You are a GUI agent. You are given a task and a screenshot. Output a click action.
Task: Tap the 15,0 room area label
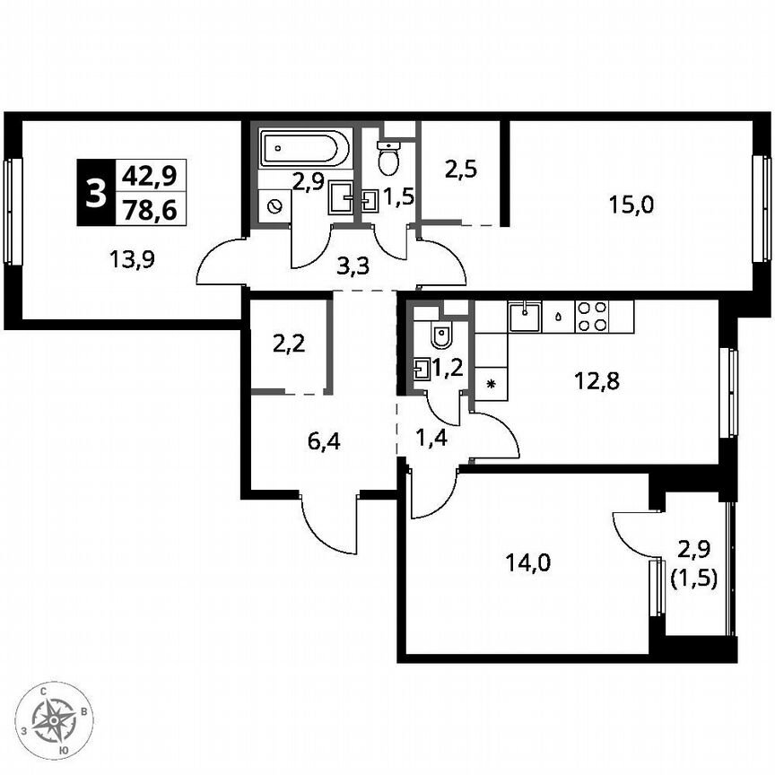(631, 205)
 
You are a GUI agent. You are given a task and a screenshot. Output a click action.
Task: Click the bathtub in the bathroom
(301, 150)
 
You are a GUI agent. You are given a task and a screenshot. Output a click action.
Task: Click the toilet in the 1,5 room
(388, 160)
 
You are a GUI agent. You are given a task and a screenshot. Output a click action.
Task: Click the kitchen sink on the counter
(522, 315)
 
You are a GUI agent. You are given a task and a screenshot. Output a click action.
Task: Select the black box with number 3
(94, 192)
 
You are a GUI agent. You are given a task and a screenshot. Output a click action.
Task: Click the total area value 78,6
(150, 211)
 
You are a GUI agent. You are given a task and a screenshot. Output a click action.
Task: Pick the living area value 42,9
(150, 175)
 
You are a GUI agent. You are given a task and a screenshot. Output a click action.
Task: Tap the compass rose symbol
(58, 719)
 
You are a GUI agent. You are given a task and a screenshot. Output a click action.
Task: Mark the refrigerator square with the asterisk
(491, 384)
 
